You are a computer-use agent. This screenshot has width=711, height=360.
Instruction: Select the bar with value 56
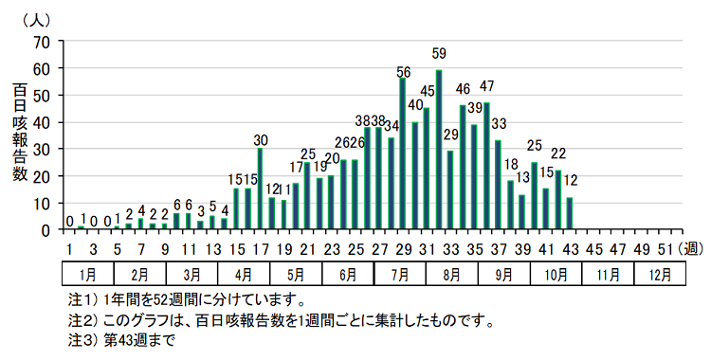(403, 153)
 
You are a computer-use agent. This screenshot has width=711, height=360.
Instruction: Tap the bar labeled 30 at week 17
(260, 189)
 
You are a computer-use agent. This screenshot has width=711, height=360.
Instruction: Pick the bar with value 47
(486, 166)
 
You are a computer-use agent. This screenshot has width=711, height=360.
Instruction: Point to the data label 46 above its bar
(463, 90)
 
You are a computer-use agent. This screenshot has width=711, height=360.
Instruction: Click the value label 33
(499, 124)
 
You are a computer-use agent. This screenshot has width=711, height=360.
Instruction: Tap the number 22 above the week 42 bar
(558, 153)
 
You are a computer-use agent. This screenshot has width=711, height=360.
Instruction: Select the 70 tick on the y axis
(41, 42)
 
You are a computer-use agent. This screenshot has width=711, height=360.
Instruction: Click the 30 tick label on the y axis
(41, 149)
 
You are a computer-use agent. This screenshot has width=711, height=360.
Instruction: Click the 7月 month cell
(399, 275)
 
